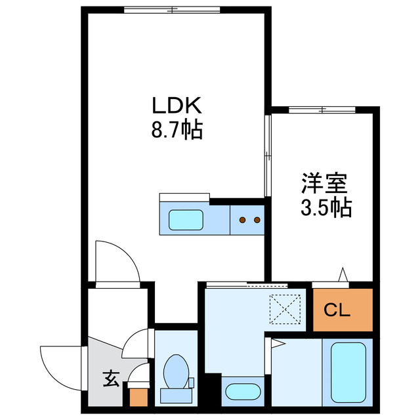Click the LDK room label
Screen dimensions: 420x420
click(x=176, y=106)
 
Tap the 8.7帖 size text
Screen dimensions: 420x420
click(x=176, y=130)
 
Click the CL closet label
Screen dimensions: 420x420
click(x=342, y=308)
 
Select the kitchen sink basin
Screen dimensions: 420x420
click(x=188, y=219)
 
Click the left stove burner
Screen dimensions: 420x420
click(x=242, y=220)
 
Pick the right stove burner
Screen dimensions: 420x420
click(x=257, y=220)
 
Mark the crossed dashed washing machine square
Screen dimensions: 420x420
click(x=285, y=308)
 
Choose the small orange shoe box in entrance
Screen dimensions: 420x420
click(x=138, y=396)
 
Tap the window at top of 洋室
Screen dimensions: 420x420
click(x=322, y=108)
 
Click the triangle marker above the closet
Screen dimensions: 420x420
click(x=343, y=274)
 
